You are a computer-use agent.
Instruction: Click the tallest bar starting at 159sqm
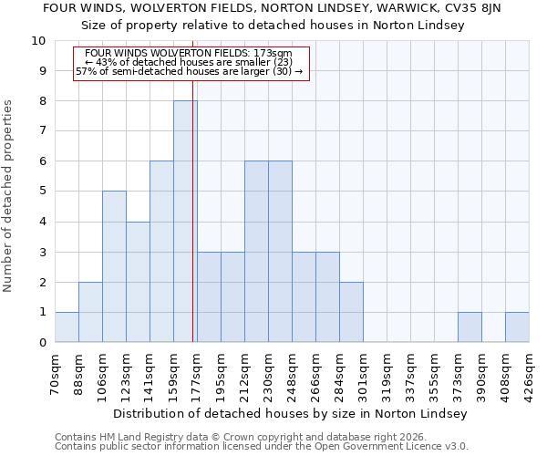185,222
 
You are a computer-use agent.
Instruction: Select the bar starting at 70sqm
67,327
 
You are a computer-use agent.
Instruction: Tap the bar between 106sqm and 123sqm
114,266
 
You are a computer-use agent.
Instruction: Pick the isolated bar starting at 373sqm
470,327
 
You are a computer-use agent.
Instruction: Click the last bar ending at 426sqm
517,327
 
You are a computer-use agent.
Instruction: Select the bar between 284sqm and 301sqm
351,312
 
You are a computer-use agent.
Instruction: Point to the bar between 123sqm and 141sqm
138,282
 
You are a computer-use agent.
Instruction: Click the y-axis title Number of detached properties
9,196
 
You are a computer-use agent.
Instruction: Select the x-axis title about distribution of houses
292,413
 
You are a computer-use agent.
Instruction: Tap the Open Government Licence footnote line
262,447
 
